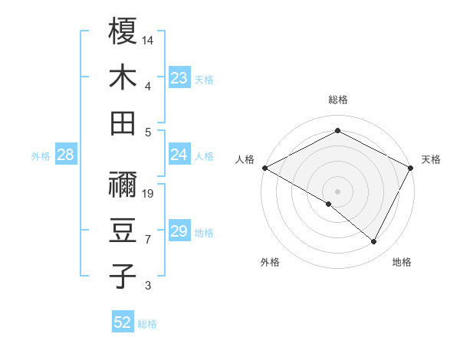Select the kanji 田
point(123,123)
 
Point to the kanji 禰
point(123,185)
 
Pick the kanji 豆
point(123,231)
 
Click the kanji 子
point(123,277)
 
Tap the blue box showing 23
point(179,77)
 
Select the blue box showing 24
point(179,155)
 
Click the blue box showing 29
point(179,231)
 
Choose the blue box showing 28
point(66,155)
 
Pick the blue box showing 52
point(123,322)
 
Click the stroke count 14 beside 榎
point(148,39)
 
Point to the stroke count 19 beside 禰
point(148,193)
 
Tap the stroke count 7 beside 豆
point(148,240)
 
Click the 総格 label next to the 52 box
point(147,324)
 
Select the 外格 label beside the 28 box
point(41,156)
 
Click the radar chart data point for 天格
point(411,168)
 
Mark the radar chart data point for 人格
point(264,168)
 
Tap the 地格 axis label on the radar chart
point(402,262)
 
